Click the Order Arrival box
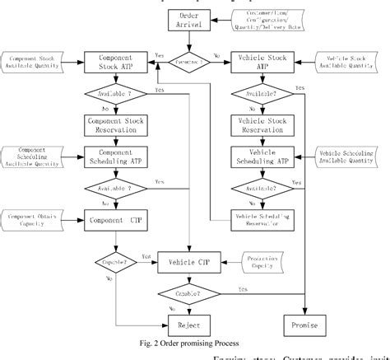click(x=193, y=21)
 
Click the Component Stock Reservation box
click(x=115, y=124)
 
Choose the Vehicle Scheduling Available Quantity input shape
click(x=346, y=157)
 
